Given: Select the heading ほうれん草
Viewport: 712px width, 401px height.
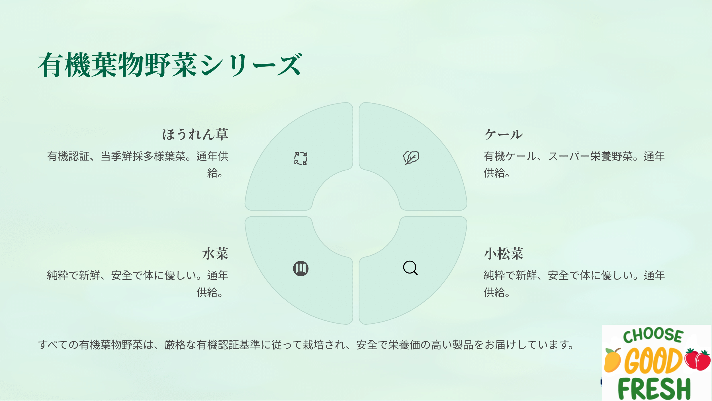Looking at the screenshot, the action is point(195,134).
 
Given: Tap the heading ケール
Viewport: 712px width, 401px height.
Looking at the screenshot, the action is point(504,134).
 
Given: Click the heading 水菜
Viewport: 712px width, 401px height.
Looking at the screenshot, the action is point(215,254).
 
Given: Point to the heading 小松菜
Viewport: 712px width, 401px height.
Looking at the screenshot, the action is point(504,254).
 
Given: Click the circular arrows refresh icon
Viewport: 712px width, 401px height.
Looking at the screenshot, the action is point(301,158).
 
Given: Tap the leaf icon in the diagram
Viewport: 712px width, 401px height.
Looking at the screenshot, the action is point(411,158).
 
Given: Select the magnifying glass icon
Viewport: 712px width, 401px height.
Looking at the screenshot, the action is point(410,268).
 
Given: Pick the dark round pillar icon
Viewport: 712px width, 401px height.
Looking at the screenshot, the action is point(301,268).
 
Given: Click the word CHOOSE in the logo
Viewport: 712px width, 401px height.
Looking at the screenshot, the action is point(653,336).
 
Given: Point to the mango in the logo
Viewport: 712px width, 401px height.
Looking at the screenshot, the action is point(612,360).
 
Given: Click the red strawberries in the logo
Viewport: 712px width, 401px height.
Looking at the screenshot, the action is point(697,359).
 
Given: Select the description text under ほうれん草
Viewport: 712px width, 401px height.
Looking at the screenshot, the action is point(138,164).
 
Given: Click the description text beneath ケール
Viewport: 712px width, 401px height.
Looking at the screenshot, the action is point(574,164).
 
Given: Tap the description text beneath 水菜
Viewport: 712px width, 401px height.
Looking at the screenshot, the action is point(138,284).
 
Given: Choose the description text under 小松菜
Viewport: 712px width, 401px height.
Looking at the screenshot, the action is point(574,284).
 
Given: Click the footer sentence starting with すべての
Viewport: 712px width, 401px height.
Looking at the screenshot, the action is point(306,345).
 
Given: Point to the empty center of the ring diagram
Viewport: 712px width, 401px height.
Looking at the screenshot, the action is point(356,213).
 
